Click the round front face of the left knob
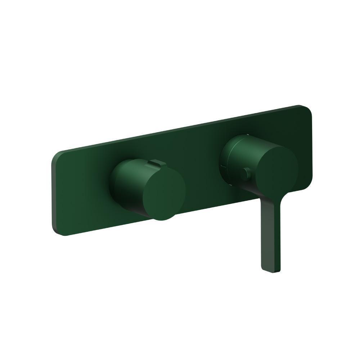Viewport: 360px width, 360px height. pyautogui.click(x=164, y=194)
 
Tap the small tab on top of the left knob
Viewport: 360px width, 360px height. pyautogui.click(x=154, y=163)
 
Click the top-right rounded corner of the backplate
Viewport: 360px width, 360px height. pyautogui.click(x=306, y=110)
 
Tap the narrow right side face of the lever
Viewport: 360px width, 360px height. pyautogui.click(x=279, y=238)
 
